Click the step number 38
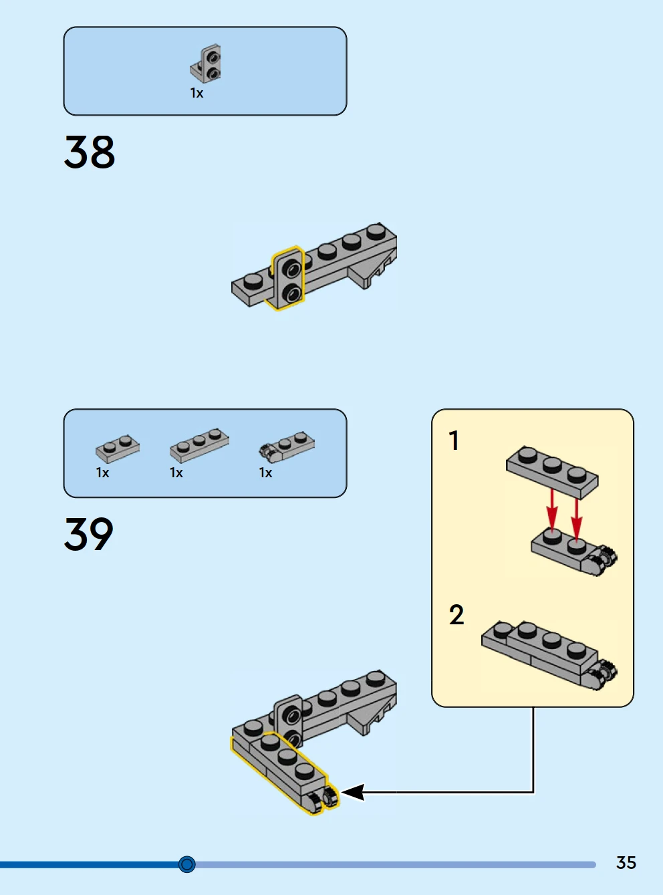[x=90, y=152]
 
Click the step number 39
[x=89, y=534]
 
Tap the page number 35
[x=626, y=862]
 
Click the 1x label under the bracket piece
[x=196, y=94]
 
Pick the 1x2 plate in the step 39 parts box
[x=118, y=448]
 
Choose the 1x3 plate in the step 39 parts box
[x=199, y=444]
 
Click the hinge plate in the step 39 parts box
[x=287, y=446]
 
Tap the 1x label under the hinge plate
[x=265, y=473]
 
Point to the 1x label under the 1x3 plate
[x=176, y=473]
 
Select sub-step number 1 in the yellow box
[x=454, y=441]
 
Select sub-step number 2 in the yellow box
[x=456, y=615]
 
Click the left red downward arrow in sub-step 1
[x=552, y=508]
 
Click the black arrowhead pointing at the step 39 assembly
[x=353, y=793]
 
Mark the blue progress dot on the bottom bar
[x=187, y=864]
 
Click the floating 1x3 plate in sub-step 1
[x=552, y=471]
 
